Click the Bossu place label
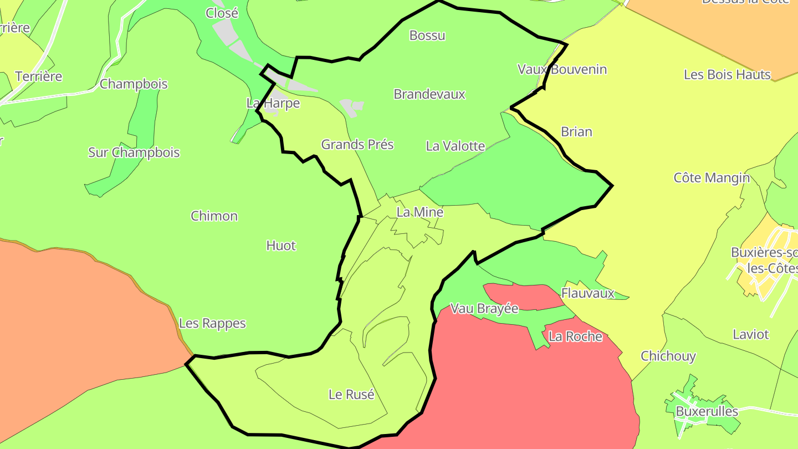pyautogui.click(x=427, y=35)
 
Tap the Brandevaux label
pyautogui.click(x=429, y=94)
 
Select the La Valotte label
pyautogui.click(x=456, y=146)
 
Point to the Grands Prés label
pyautogui.click(x=357, y=145)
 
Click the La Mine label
pyautogui.click(x=420, y=212)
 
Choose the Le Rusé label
pyautogui.click(x=351, y=395)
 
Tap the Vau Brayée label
pyautogui.click(x=484, y=309)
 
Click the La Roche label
pyautogui.click(x=575, y=336)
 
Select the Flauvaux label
pyautogui.click(x=588, y=293)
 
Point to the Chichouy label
pyautogui.click(x=668, y=356)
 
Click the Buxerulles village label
pyautogui.click(x=707, y=411)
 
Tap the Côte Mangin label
pyautogui.click(x=712, y=178)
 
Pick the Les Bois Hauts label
pyautogui.click(x=727, y=75)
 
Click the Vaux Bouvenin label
pyautogui.click(x=562, y=69)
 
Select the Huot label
pyautogui.click(x=281, y=246)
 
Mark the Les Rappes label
pyautogui.click(x=212, y=323)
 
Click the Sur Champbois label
pyautogui.click(x=134, y=152)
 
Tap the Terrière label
pyautogui.click(x=39, y=76)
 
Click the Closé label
pyautogui.click(x=222, y=13)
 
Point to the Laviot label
pyautogui.click(x=751, y=334)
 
